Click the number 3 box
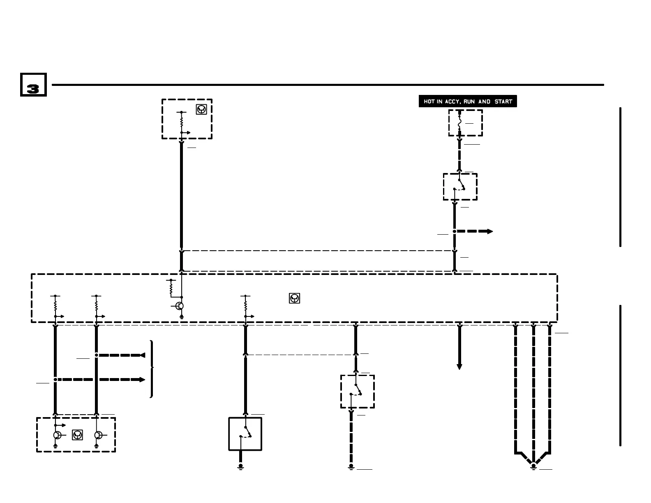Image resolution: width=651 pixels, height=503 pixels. coord(33,85)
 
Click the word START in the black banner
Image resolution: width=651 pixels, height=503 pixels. coord(503,102)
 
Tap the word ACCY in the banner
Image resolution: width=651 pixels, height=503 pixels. coord(452,102)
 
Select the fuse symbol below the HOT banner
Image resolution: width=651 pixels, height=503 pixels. coord(459,122)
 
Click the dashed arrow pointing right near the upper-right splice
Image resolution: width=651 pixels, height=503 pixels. coord(475,231)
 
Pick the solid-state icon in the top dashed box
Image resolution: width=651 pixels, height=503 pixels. coord(201,109)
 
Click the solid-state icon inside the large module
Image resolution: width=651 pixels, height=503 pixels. coord(294,298)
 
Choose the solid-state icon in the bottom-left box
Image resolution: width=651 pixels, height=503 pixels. coord(77,435)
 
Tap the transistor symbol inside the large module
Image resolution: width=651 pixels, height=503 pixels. coord(179,306)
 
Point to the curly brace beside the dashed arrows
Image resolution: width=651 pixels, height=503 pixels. coord(152,369)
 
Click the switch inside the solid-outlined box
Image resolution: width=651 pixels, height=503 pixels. coord(246,432)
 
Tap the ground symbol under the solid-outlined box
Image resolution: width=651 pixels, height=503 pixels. coord(241,466)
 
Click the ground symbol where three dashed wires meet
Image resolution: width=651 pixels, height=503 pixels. coord(533,466)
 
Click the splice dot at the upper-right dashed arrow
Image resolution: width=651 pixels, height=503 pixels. coord(455,231)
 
